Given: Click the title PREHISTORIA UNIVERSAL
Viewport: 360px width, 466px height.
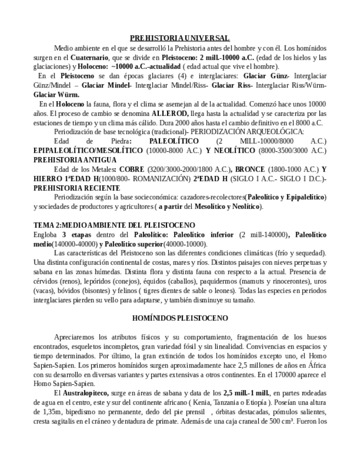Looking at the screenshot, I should coord(180,38).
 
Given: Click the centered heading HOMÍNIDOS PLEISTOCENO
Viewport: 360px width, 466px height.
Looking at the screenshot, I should coord(180,318).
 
